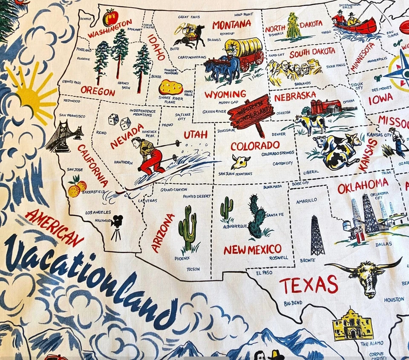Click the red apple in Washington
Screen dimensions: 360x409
(110, 17)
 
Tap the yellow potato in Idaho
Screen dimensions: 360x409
(170, 87)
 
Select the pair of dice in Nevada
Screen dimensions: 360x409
(119, 121)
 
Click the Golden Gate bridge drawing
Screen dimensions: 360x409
(64, 136)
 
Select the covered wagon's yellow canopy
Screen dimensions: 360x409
(243, 46)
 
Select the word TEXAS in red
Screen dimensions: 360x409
(309, 285)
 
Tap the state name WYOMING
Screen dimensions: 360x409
(225, 94)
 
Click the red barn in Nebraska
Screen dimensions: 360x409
(325, 107)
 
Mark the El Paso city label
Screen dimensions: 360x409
(264, 273)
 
